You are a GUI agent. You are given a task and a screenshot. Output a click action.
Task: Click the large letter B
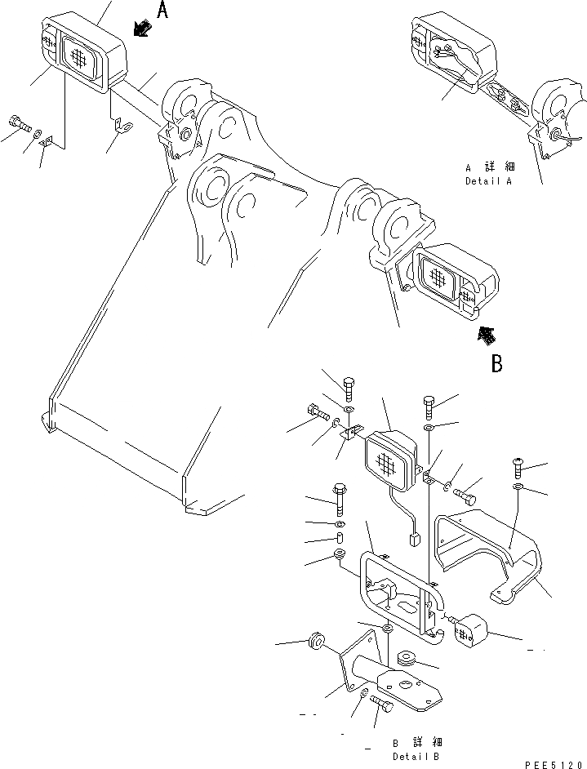(x=496, y=363)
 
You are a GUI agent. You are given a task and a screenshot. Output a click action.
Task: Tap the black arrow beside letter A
(x=141, y=29)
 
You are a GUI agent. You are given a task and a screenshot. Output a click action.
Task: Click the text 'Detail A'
(x=488, y=181)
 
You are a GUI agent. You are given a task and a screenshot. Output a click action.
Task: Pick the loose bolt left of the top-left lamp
(x=20, y=125)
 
